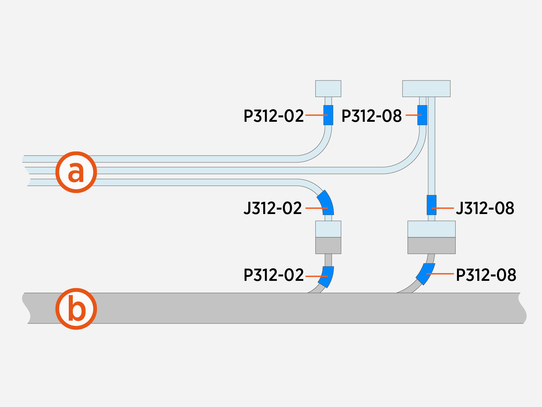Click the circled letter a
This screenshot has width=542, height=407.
(76, 172)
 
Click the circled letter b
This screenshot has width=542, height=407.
(76, 309)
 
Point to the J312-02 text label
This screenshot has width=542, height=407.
(273, 208)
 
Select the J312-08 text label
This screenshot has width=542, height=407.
(485, 208)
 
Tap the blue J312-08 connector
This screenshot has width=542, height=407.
(431, 205)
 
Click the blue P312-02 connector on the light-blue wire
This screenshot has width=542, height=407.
(328, 115)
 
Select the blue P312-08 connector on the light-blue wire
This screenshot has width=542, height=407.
(422, 115)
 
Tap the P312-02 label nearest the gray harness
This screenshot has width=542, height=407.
(274, 275)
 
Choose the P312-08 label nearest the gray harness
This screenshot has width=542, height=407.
(486, 275)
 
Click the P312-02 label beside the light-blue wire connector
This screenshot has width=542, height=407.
(274, 116)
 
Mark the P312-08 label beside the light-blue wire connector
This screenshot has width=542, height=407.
(372, 116)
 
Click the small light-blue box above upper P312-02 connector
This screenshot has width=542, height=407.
(328, 89)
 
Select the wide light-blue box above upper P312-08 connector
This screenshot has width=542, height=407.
(426, 89)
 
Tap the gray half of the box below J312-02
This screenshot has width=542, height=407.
(328, 246)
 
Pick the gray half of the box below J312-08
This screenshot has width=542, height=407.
(431, 246)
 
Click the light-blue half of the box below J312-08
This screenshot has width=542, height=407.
(431, 229)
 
